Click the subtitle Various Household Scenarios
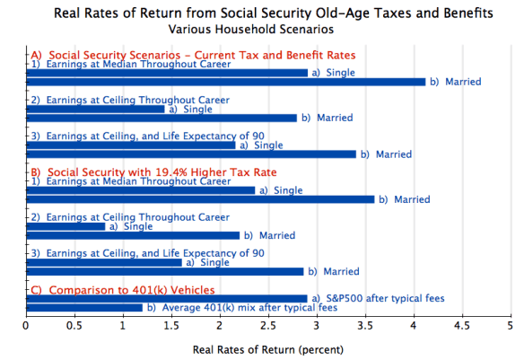click(273, 29)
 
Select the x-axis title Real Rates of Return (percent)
click(267, 348)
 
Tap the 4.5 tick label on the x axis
click(461, 327)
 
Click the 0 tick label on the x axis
click(26, 327)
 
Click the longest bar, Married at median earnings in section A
click(224, 82)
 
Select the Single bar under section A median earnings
click(166, 73)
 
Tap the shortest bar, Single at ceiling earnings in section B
click(65, 226)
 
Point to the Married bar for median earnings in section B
click(199, 199)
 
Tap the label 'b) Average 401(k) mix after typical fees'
click(242, 308)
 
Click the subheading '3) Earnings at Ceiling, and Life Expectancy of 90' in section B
click(148, 253)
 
